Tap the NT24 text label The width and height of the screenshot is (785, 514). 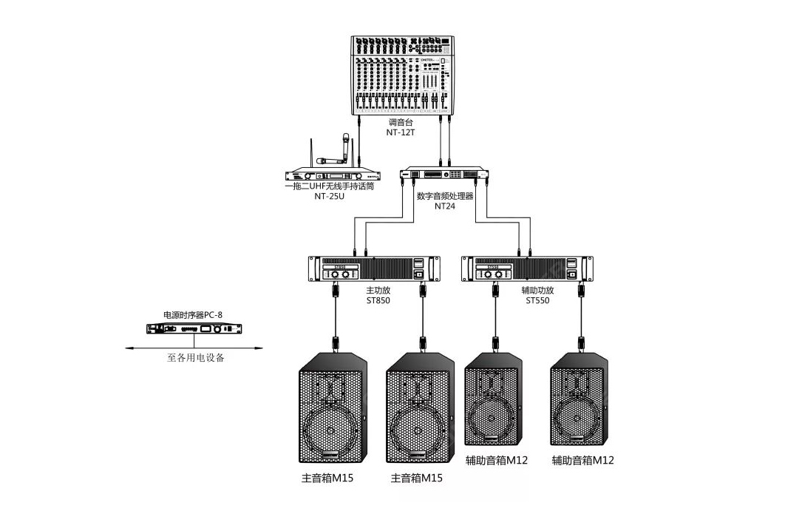point(444,207)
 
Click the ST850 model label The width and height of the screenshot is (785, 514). point(378,301)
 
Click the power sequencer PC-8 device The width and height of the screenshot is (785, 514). point(194,329)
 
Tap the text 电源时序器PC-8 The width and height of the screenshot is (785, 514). point(193,315)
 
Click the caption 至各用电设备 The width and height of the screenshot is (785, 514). point(195,358)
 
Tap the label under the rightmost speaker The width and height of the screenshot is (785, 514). point(582,460)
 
